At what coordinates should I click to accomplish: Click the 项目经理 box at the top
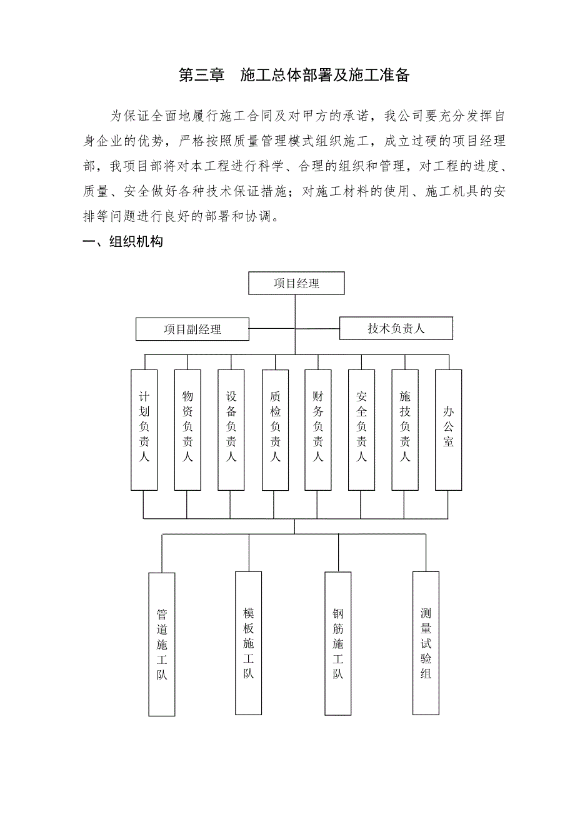296,283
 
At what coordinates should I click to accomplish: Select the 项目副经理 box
192,329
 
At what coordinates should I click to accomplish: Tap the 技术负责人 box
396,328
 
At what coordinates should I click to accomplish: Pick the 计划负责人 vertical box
144,429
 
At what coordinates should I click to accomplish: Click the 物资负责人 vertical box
187,429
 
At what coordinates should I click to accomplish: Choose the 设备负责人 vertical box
231,429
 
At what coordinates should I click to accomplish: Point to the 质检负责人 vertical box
275,429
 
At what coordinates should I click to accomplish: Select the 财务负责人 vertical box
318,429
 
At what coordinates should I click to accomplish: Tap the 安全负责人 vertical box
361,429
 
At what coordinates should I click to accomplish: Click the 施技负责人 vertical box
405,429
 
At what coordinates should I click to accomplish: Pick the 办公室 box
448,429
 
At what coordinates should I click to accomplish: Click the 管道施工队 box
162,644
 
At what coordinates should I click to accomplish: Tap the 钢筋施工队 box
338,643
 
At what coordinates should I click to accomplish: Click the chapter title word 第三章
201,76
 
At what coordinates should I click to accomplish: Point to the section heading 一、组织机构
123,242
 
